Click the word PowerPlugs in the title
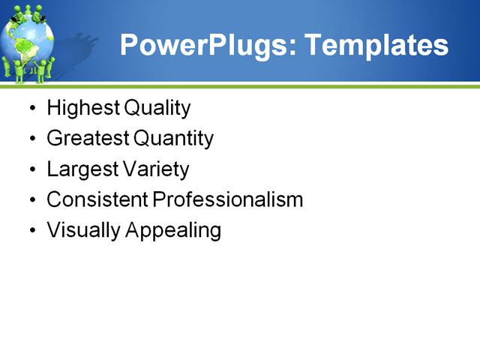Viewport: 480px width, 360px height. [201, 45]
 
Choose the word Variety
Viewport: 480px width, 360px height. [156, 169]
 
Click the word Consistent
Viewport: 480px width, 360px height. [97, 199]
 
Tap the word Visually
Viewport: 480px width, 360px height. [83, 230]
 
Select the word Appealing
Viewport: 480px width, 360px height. [174, 231]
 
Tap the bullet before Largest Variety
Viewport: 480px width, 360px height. [31, 170]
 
